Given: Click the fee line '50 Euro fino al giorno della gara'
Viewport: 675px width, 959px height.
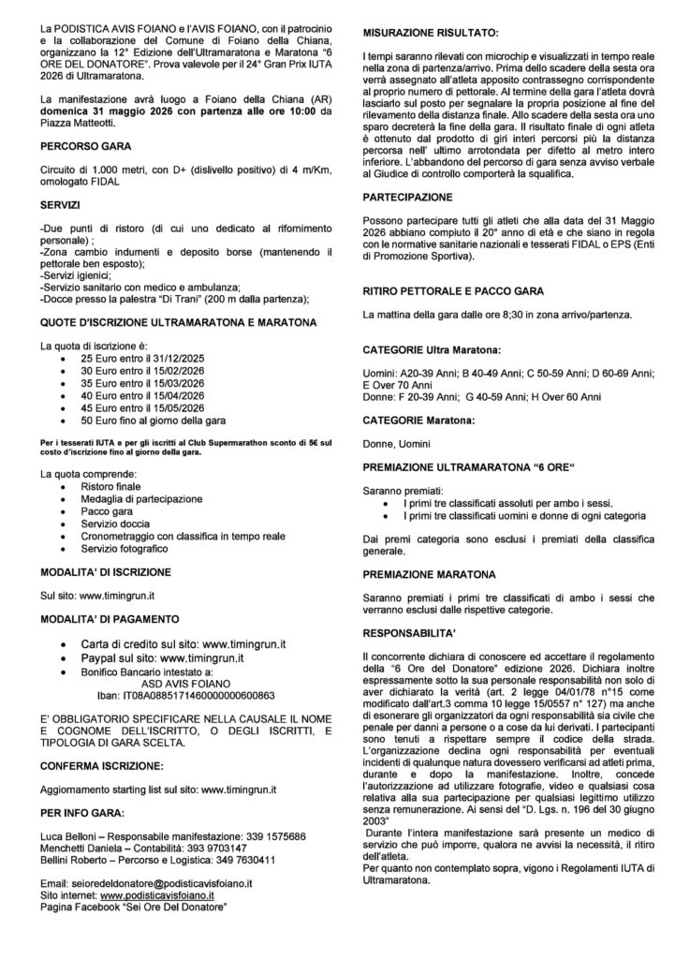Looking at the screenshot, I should tap(152, 421).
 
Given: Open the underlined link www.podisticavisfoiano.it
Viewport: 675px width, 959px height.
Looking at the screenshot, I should tap(165, 895).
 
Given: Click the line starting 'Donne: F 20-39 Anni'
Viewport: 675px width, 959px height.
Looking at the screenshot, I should tap(481, 397).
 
